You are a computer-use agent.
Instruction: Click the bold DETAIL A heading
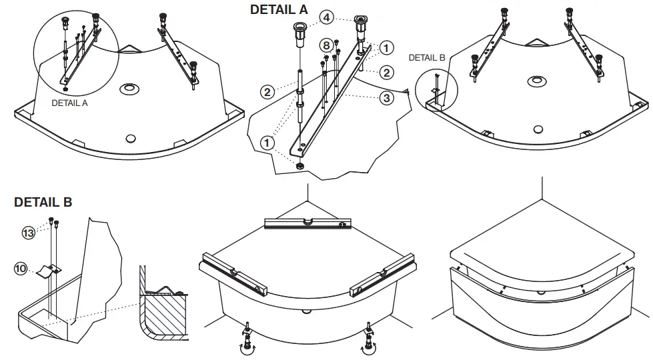click(279, 9)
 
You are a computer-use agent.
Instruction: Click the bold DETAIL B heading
click(43, 202)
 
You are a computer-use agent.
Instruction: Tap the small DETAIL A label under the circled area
click(69, 103)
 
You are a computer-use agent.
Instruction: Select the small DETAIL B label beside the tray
click(426, 58)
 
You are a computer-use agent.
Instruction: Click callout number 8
click(325, 45)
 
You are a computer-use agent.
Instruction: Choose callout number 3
click(386, 98)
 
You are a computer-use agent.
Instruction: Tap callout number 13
click(28, 233)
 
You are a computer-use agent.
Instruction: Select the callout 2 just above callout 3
click(386, 72)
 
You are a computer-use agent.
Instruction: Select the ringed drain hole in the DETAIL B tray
click(535, 81)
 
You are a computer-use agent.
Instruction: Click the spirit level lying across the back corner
click(306, 223)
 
